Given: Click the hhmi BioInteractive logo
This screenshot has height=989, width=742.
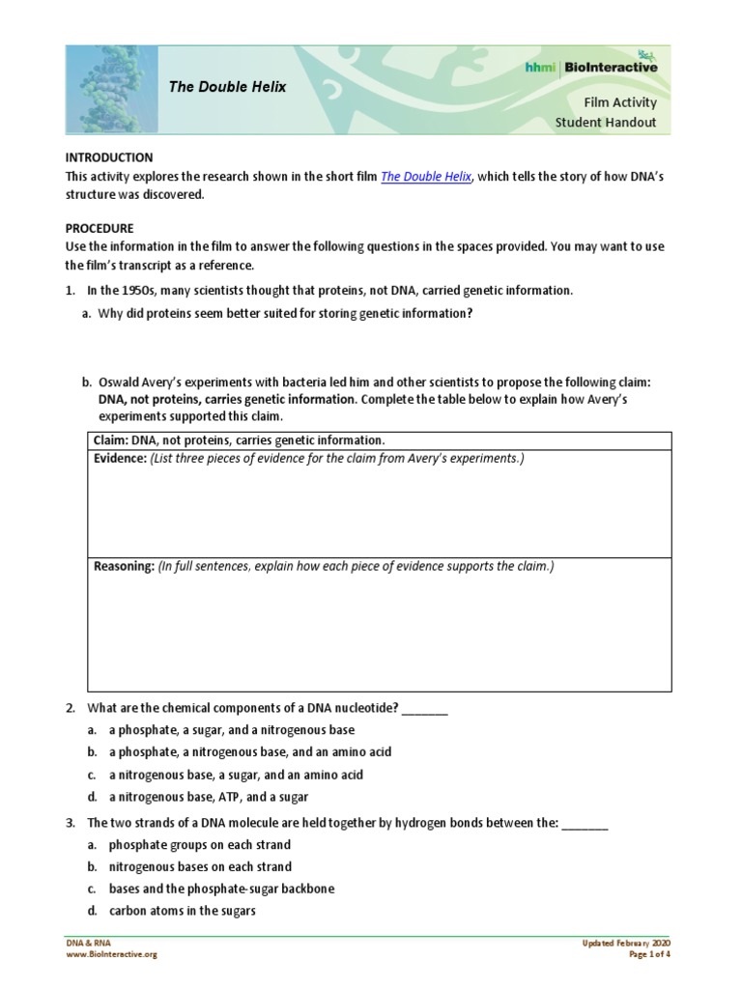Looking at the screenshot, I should click(x=604, y=68).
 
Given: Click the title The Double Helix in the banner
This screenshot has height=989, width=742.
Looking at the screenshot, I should click(x=228, y=87).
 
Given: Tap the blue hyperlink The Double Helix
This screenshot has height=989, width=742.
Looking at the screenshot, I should click(x=426, y=176).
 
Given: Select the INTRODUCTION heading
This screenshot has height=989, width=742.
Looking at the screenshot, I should click(x=108, y=156).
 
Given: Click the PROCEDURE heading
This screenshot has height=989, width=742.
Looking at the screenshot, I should click(x=100, y=229).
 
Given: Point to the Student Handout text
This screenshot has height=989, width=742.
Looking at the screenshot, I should click(x=605, y=122).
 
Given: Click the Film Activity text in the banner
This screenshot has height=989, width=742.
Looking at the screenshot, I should click(x=619, y=101).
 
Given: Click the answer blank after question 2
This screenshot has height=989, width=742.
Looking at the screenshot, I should click(x=424, y=709).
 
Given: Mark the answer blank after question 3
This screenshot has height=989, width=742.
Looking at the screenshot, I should click(x=585, y=823).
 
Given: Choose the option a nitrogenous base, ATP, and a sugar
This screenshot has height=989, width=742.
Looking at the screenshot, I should click(x=208, y=797).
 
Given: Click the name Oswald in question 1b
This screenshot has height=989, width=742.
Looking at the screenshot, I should click(x=119, y=382).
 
